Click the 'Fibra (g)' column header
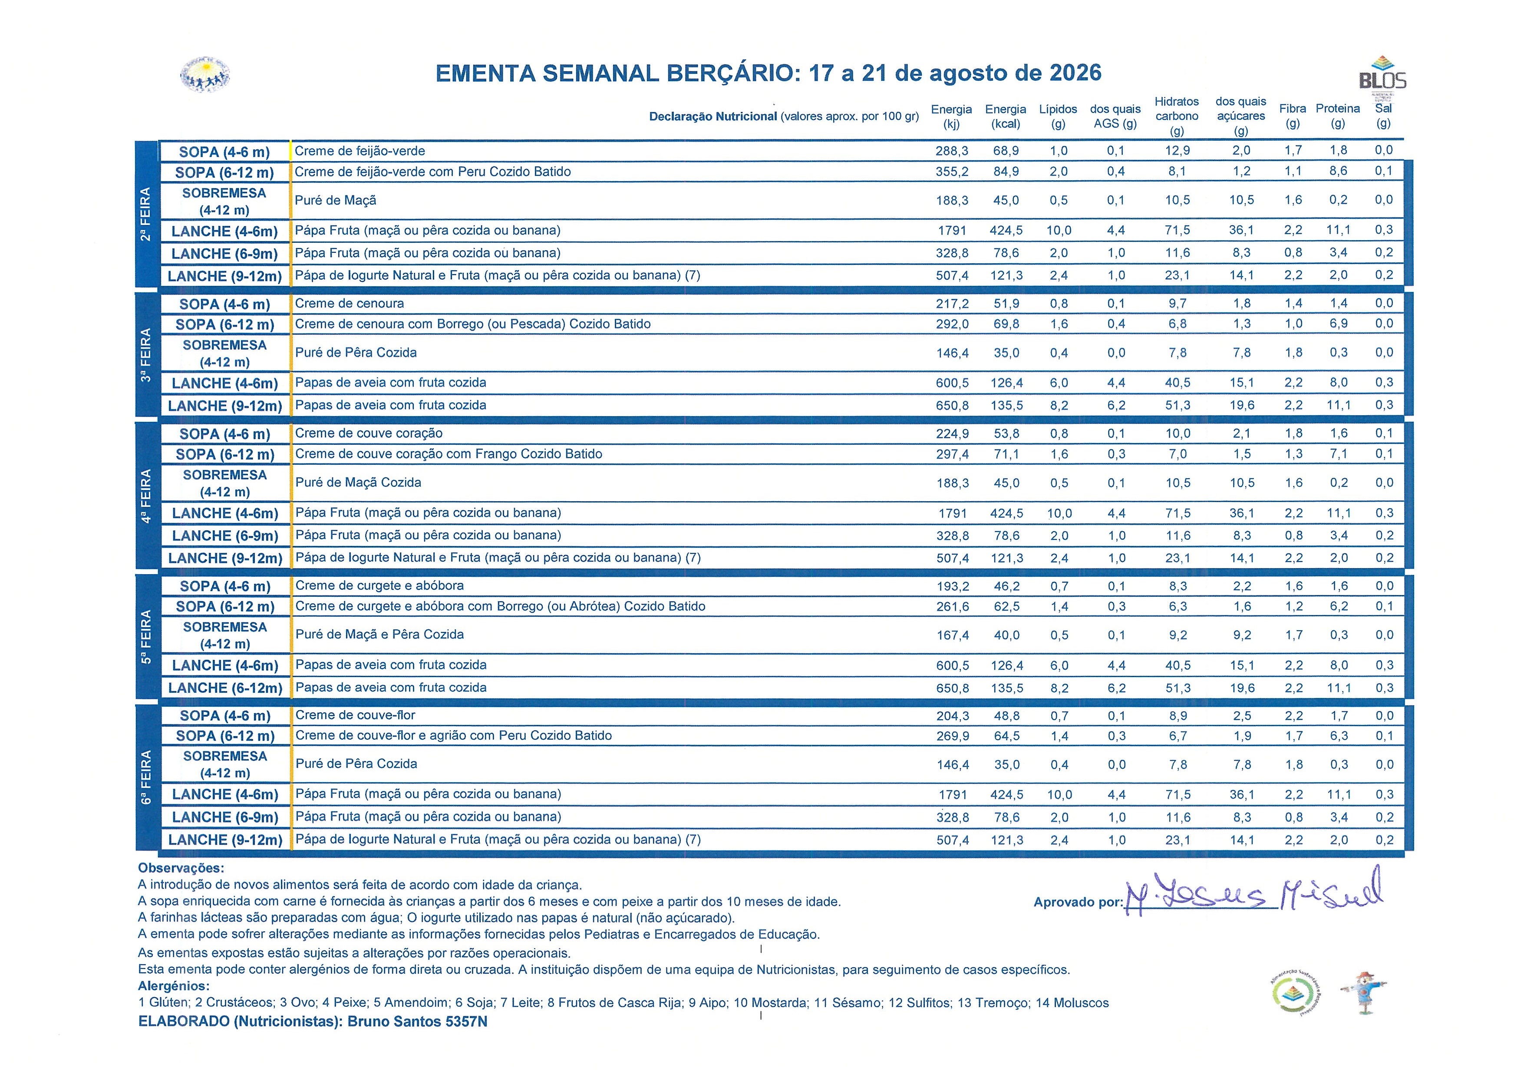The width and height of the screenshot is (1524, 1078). (x=1292, y=116)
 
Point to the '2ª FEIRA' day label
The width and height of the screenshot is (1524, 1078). (x=146, y=214)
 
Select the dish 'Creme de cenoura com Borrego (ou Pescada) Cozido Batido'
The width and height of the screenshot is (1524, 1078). (x=472, y=324)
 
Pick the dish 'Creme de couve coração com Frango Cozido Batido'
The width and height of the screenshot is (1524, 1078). (x=449, y=454)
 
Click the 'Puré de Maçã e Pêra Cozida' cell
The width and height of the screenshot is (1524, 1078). (x=379, y=635)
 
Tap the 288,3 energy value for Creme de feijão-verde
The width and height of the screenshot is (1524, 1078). (x=952, y=151)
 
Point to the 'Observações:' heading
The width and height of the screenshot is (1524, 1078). (x=181, y=868)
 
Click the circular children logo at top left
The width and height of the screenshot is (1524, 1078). (x=205, y=74)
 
